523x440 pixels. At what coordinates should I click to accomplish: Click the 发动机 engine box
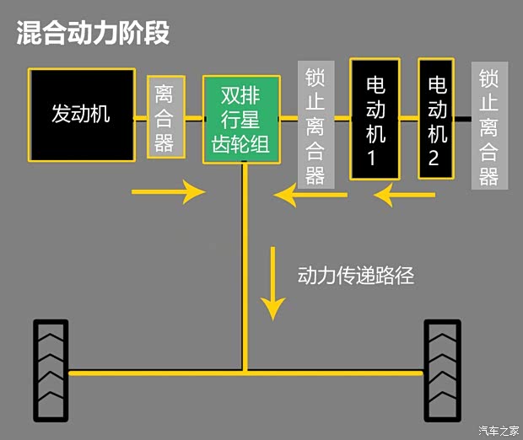pyautogui.click(x=82, y=115)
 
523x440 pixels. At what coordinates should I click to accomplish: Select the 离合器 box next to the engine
pyautogui.click(x=165, y=116)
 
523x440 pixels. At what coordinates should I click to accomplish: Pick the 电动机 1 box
pyautogui.click(x=375, y=118)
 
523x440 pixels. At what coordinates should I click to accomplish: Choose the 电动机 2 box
pyautogui.click(x=436, y=118)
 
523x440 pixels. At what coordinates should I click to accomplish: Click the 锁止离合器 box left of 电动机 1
pyautogui.click(x=315, y=123)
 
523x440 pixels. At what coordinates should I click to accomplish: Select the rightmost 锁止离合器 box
pyautogui.click(x=489, y=126)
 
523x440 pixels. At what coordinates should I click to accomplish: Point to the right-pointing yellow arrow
pyautogui.click(x=169, y=192)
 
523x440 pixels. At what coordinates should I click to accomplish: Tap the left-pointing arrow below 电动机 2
pyautogui.click(x=405, y=196)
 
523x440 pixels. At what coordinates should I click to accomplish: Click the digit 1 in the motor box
pyautogui.click(x=375, y=158)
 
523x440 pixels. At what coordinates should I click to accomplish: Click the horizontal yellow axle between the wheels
pyautogui.click(x=245, y=371)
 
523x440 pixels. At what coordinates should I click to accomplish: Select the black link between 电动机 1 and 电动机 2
pyautogui.click(x=409, y=119)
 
